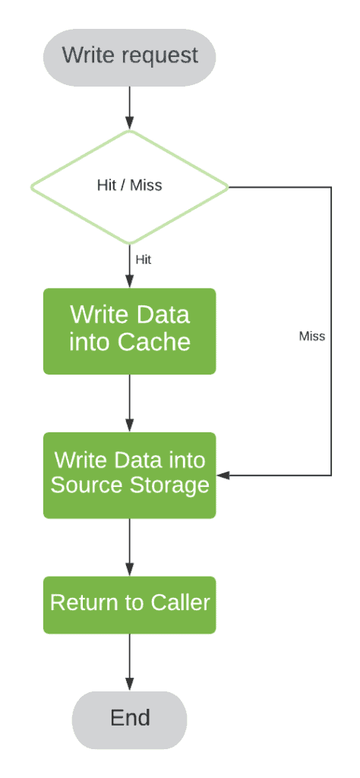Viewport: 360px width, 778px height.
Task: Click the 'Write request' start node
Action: pyautogui.click(x=129, y=56)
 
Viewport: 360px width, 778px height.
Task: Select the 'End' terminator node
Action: pyautogui.click(x=129, y=719)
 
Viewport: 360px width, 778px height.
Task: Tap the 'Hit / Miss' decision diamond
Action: pyautogui.click(x=129, y=185)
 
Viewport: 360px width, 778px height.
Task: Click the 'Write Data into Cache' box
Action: pyautogui.click(x=129, y=330)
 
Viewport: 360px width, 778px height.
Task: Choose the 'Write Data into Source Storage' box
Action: pyautogui.click(x=129, y=474)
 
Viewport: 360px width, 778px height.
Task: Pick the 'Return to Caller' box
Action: pyautogui.click(x=129, y=604)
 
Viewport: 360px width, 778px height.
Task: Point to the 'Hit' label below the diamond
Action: pyautogui.click(x=143, y=260)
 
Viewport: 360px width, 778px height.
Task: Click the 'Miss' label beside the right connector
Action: pyautogui.click(x=311, y=336)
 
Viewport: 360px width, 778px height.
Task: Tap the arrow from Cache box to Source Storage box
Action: pyautogui.click(x=129, y=403)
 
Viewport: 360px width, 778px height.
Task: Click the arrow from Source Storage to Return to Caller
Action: pyautogui.click(x=129, y=546)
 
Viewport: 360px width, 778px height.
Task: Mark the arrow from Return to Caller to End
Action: pyautogui.click(x=129, y=662)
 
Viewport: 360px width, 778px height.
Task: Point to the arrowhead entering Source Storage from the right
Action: pyautogui.click(x=222, y=475)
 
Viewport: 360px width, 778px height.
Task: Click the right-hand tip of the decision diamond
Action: pyautogui.click(x=226, y=185)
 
